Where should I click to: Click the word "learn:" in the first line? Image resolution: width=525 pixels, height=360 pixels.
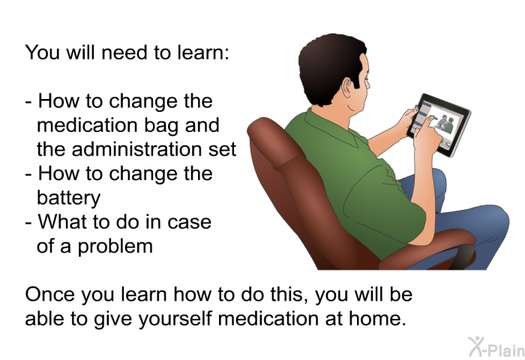coord(203,52)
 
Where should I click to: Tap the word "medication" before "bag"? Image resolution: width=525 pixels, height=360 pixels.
coord(88,125)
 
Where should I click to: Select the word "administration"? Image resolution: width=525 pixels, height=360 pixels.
coord(136,149)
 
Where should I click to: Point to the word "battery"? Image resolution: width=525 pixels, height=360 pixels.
coord(68,197)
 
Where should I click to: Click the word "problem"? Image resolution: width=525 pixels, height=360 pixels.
coord(115,247)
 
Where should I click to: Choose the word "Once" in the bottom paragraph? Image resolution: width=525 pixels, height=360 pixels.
coord(50,294)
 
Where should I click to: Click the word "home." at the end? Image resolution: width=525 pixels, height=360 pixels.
coord(377,318)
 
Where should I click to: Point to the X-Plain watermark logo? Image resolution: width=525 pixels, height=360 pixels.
coord(496,346)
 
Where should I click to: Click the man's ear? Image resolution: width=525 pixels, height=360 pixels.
coord(346,88)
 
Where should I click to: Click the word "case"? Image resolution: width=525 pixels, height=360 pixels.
coord(189,222)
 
